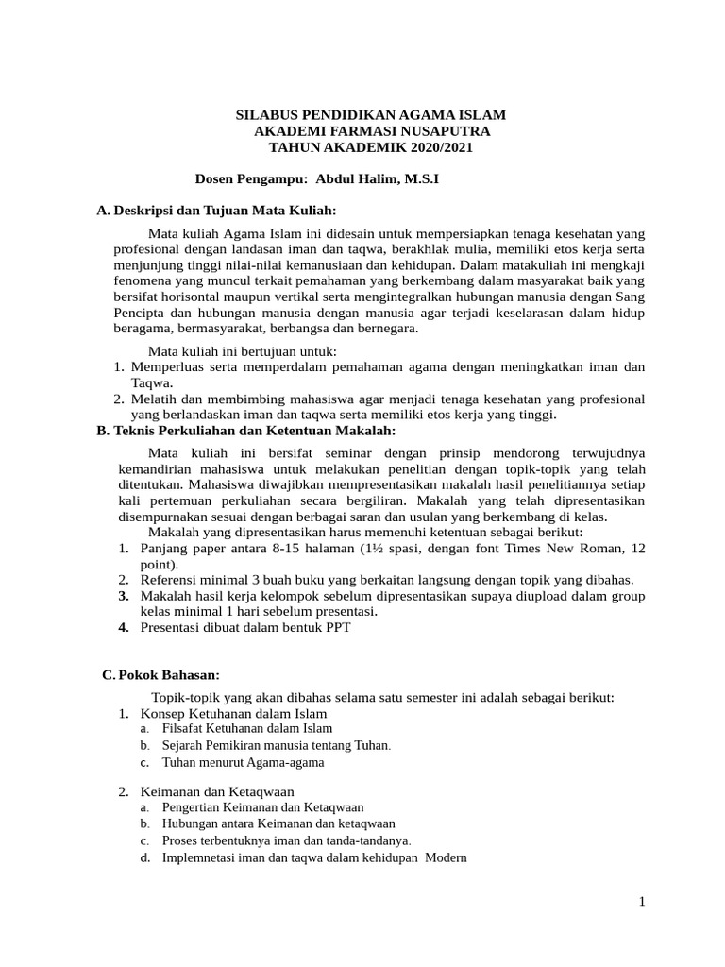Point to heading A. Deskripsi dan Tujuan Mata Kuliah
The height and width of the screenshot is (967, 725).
click(x=217, y=209)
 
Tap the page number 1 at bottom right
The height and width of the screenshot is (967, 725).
click(x=641, y=902)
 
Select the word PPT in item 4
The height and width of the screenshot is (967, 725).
click(x=337, y=628)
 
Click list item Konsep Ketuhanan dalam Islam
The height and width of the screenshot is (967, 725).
click(x=233, y=713)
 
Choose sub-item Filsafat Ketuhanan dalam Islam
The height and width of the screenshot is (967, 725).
click(x=247, y=728)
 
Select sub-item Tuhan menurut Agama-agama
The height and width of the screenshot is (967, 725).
click(x=243, y=761)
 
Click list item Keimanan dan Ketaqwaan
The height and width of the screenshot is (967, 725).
click(x=217, y=791)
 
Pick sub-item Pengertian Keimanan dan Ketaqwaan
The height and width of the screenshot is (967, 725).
click(x=262, y=807)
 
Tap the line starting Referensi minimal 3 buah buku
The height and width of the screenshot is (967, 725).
click(x=387, y=579)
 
